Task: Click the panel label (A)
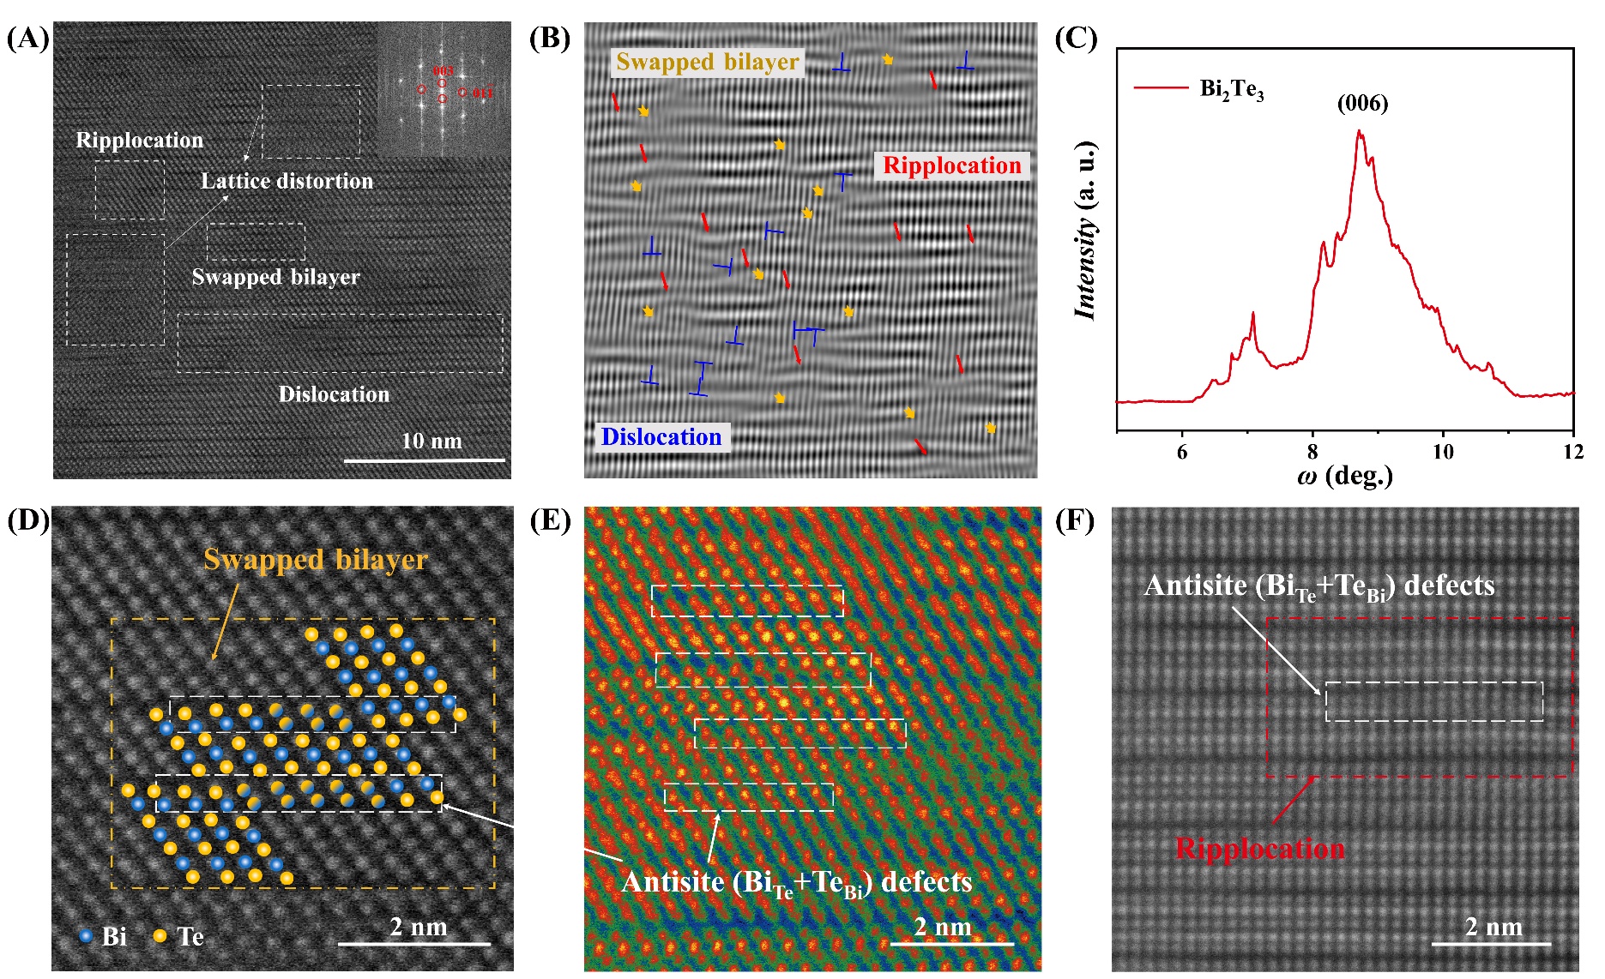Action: tap(27, 39)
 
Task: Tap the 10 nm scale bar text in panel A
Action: tap(431, 441)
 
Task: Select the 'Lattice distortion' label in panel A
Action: tap(287, 181)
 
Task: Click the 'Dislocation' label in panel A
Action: tap(334, 394)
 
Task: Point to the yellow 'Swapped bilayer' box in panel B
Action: tap(708, 62)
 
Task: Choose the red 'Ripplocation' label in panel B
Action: tap(952, 165)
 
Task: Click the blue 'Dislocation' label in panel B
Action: tap(661, 437)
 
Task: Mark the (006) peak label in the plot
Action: tap(1362, 104)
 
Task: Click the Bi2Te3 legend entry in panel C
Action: tap(1231, 88)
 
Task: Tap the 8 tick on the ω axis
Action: tap(1312, 452)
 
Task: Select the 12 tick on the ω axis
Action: tap(1573, 452)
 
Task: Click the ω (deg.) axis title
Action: tap(1344, 476)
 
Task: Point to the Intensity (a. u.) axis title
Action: tap(1086, 230)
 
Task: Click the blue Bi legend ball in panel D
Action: tap(86, 935)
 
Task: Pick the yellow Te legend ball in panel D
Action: tap(160, 935)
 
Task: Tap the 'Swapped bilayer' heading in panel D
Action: tap(315, 560)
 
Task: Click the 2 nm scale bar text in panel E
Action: tap(943, 927)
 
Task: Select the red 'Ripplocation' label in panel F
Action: tap(1259, 849)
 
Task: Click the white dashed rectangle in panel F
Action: tap(1433, 701)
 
